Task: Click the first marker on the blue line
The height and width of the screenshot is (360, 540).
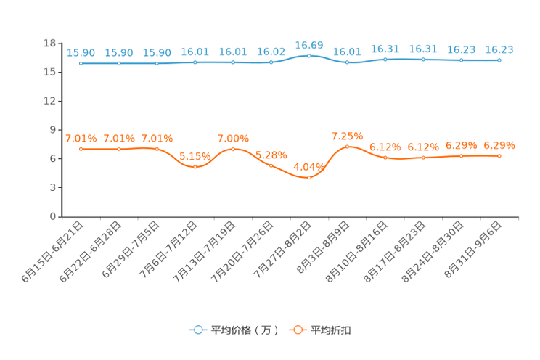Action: tap(81, 63)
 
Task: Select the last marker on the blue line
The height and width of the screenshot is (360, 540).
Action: tap(499, 60)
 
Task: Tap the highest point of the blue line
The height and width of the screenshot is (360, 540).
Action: tap(309, 55)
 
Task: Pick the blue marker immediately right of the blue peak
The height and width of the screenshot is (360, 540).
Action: tap(348, 63)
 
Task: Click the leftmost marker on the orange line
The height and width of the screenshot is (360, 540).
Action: tap(81, 149)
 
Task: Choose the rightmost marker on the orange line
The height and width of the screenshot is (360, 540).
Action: tap(499, 155)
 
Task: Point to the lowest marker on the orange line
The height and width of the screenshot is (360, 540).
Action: tap(309, 176)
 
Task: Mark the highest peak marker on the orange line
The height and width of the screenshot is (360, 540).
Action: tap(348, 146)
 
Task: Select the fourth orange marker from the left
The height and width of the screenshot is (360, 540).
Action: tap(195, 166)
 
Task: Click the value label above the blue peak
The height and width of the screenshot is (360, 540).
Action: tap(309, 45)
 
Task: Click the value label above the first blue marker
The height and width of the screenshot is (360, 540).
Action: tap(81, 52)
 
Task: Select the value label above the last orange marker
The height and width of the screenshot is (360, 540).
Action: tap(499, 144)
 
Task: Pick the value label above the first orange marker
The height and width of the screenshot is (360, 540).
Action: tap(81, 138)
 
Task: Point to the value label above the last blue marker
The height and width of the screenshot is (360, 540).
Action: tap(499, 49)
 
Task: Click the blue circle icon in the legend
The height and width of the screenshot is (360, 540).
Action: tap(197, 330)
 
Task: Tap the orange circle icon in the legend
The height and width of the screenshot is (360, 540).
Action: tap(297, 330)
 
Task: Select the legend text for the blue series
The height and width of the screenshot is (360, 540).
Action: tap(244, 330)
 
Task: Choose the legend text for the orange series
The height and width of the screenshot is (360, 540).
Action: tap(332, 330)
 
